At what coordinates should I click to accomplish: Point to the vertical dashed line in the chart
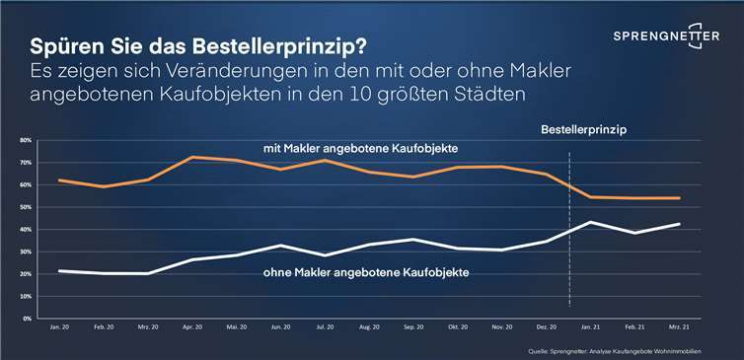[571, 247]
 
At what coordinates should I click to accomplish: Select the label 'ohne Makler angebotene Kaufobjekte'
[365, 271]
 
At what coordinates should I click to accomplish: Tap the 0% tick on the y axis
[27, 320]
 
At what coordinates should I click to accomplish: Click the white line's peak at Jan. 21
[590, 222]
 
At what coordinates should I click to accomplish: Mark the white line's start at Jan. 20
[61, 271]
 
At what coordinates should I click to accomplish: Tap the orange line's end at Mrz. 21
[678, 198]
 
